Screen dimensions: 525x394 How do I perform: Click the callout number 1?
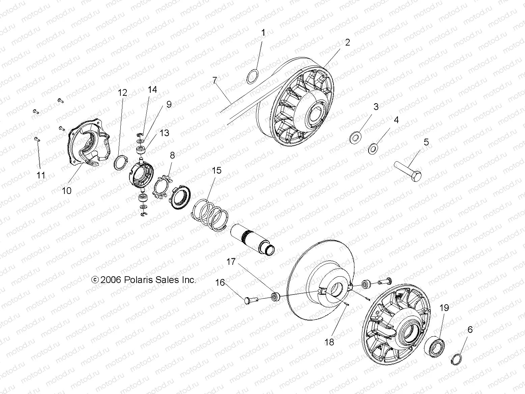coord(263,33)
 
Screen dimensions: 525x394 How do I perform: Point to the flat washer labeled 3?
coord(356,139)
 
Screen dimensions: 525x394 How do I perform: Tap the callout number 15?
coord(216,171)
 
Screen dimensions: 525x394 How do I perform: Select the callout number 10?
coord(67,191)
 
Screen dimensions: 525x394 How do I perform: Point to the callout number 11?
coord(41,175)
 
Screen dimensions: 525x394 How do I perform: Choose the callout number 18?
coord(329,342)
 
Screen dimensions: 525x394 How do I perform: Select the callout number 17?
coord(231,262)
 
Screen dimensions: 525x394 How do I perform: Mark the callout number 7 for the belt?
coord(214,80)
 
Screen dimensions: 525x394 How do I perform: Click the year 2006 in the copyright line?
coord(111,280)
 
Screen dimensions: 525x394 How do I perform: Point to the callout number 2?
coord(348,43)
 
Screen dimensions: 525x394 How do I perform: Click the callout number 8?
coord(172,156)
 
